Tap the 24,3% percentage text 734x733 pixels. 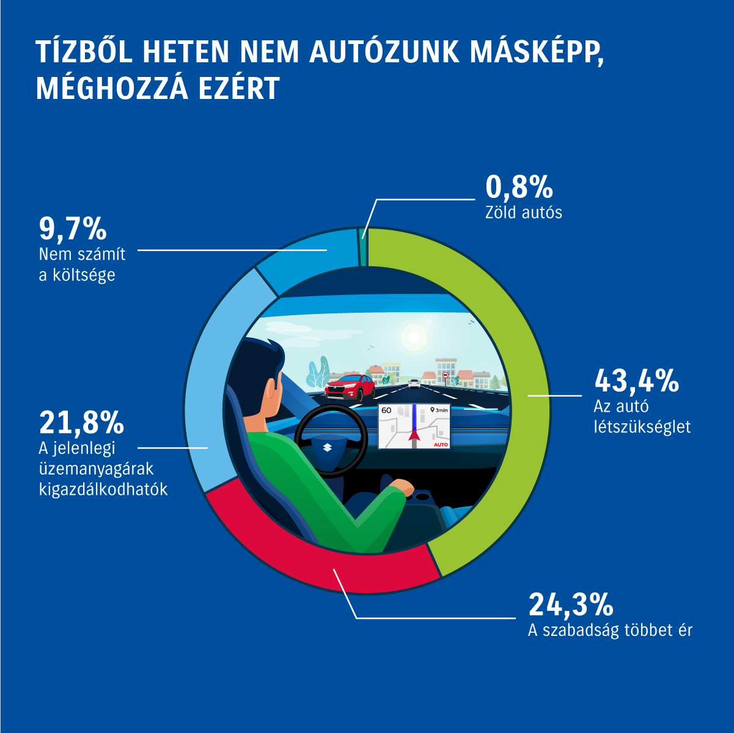click(x=571, y=604)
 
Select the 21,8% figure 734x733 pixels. click(x=81, y=421)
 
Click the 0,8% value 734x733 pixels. click(x=519, y=187)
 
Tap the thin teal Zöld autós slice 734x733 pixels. click(x=364, y=247)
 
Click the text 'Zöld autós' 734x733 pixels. click(x=524, y=213)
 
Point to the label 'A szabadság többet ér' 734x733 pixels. click(x=610, y=630)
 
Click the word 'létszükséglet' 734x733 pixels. click(x=642, y=426)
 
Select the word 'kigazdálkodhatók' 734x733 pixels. click(x=103, y=489)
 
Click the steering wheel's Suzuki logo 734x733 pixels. click(x=327, y=448)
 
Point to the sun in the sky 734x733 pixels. click(x=413, y=335)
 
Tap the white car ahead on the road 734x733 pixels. click(x=414, y=384)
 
